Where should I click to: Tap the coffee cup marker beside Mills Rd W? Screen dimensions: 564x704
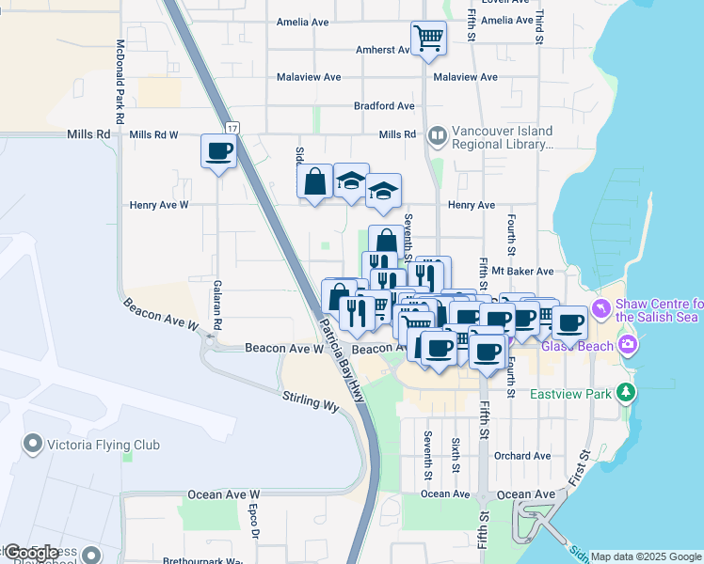pos(218,150)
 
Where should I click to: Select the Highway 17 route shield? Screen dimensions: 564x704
pos(232,127)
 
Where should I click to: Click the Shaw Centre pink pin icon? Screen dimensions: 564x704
pos(602,309)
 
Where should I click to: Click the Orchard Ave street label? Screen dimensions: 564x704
pos(521,456)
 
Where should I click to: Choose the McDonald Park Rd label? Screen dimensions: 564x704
pos(120,83)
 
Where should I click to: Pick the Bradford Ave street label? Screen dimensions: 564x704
pos(384,106)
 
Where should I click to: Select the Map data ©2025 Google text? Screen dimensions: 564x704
pos(646,556)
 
